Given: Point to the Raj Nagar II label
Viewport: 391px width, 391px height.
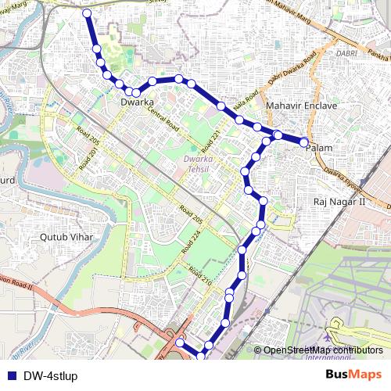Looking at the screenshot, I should click(x=339, y=201).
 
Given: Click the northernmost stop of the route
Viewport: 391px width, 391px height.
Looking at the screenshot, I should click(x=86, y=14).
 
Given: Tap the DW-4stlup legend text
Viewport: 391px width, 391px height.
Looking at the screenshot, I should click(x=50, y=375).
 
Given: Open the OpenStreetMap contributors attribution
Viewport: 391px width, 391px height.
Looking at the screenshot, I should click(x=323, y=350).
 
